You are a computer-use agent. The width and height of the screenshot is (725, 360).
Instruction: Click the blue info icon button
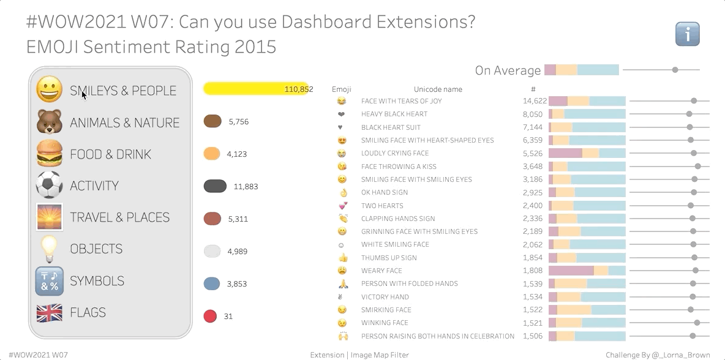[x=687, y=34]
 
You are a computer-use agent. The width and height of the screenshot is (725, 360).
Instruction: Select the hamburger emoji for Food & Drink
[x=50, y=154]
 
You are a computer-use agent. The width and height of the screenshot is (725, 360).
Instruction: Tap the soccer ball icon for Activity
[x=50, y=185]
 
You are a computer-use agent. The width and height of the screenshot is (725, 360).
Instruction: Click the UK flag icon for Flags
[x=50, y=313]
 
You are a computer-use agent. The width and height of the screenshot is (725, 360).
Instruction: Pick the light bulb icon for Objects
[x=50, y=249]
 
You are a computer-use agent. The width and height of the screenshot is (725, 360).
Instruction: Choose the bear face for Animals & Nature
[x=50, y=122]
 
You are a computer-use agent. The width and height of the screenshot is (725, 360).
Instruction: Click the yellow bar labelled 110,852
[x=255, y=89]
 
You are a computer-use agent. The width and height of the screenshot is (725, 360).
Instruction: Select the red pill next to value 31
[x=210, y=317]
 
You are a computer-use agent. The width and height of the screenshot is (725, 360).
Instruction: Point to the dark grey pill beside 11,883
[x=216, y=186]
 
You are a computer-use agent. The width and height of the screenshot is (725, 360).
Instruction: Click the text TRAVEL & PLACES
[x=120, y=217]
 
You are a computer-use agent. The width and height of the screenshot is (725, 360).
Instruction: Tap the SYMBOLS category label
[x=97, y=281]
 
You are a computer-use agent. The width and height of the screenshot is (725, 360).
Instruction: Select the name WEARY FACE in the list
[x=381, y=271]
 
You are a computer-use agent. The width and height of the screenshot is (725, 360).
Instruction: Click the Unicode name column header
[x=438, y=89]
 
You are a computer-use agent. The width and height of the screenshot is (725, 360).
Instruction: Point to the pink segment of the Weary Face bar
[x=571, y=271]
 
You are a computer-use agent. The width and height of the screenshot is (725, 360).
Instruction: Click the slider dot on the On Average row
[x=675, y=70]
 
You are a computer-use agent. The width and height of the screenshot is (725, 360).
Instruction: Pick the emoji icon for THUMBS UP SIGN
[x=342, y=258]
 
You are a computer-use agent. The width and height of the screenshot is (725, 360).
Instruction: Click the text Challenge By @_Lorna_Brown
[x=658, y=355]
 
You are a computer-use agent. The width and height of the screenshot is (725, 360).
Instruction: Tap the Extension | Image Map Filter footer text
[x=359, y=355]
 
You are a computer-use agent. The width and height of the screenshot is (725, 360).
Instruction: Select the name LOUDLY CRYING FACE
[x=395, y=153]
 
